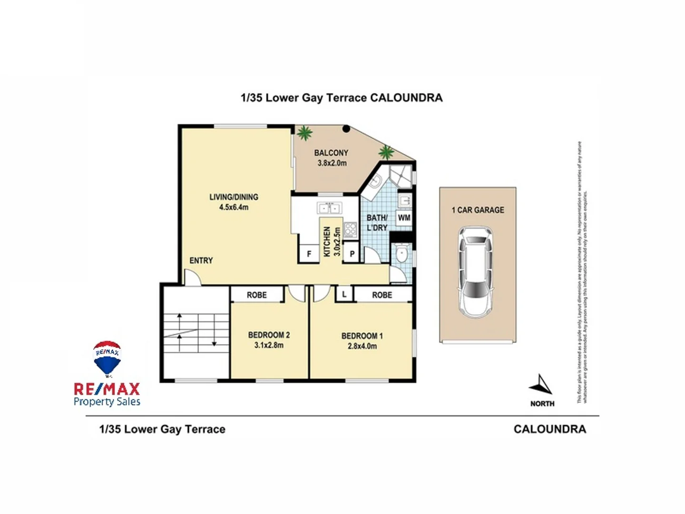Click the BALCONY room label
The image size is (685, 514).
click(x=331, y=153)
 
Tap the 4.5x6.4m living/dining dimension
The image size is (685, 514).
click(x=234, y=208)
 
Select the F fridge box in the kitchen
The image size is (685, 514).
click(x=309, y=254)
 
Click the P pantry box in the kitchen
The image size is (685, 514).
click(x=352, y=254)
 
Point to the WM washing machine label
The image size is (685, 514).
click(x=404, y=218)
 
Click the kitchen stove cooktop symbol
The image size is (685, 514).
click(x=351, y=229)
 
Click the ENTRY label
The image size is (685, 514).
click(x=201, y=260)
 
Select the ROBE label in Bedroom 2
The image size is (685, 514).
click(x=256, y=295)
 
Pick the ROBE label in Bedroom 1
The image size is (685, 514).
click(x=382, y=295)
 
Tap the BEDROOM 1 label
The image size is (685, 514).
click(x=362, y=336)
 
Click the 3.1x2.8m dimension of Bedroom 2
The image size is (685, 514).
click(x=269, y=346)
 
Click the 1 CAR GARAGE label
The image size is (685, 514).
click(x=478, y=210)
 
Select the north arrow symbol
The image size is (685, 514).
click(x=541, y=385)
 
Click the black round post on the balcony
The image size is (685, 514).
click(x=346, y=128)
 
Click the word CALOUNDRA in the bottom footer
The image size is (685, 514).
click(x=549, y=429)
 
